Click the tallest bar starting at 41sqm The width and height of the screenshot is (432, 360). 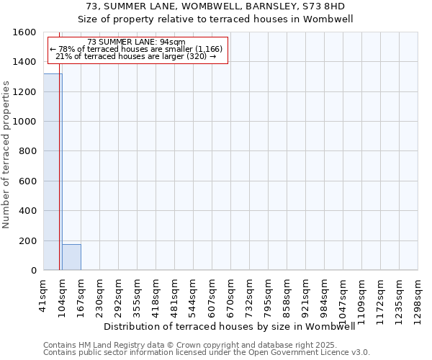tap(53, 173)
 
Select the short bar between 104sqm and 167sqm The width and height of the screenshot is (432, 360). tap(71, 258)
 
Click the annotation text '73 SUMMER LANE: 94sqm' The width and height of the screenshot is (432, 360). tap(136, 42)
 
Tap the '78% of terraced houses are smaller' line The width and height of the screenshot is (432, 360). tap(136, 49)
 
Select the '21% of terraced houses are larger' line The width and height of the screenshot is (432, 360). tap(136, 56)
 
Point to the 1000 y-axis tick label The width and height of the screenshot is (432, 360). tap(25, 122)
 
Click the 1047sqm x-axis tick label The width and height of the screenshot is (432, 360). tap(343, 296)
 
